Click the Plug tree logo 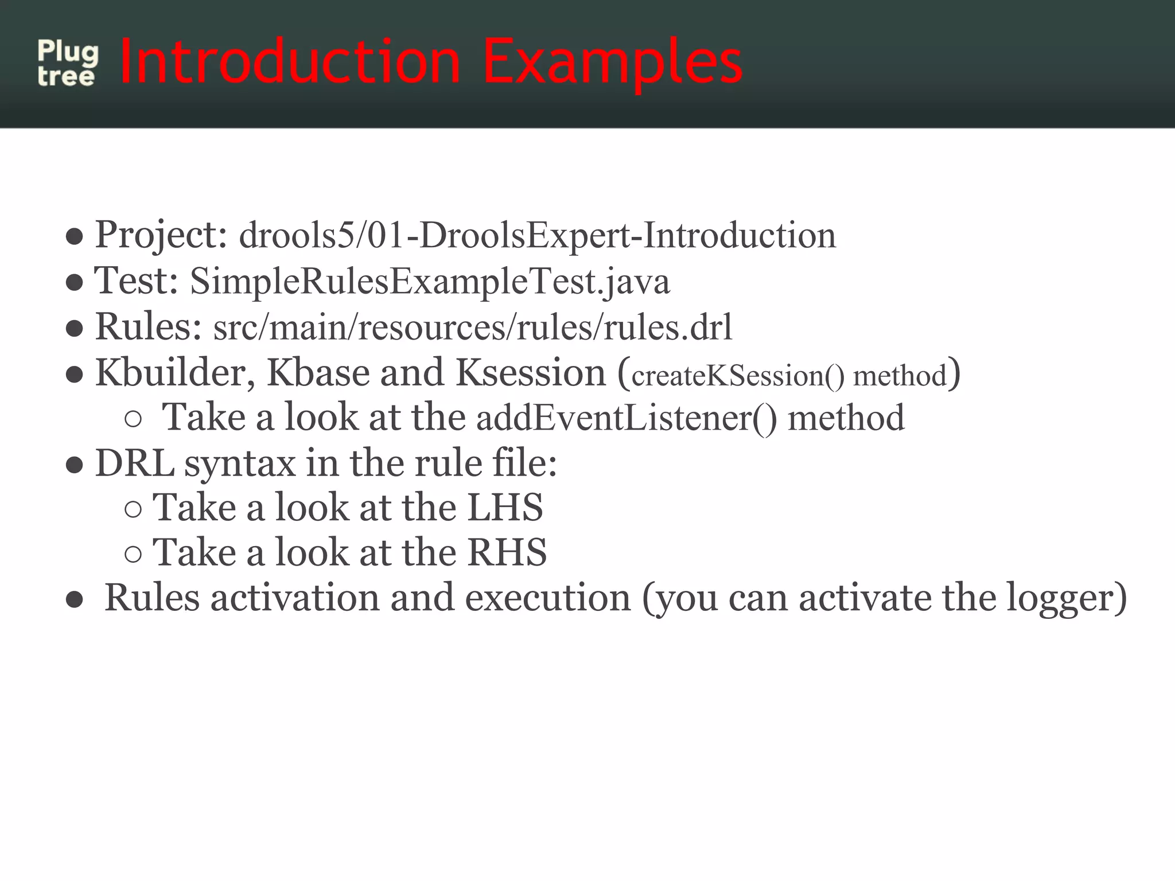(x=67, y=63)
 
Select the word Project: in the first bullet (x=161, y=235)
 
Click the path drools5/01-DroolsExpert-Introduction (x=537, y=236)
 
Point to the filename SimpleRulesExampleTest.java (x=430, y=282)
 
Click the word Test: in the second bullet (x=136, y=281)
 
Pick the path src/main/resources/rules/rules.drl (x=473, y=328)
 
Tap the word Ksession (x=531, y=373)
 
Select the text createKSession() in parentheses (x=738, y=376)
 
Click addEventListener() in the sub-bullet (x=627, y=418)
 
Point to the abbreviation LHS (x=505, y=507)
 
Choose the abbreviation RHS (x=507, y=552)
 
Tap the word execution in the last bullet (x=547, y=598)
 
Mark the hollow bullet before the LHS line (x=133, y=509)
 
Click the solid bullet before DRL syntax (x=75, y=465)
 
